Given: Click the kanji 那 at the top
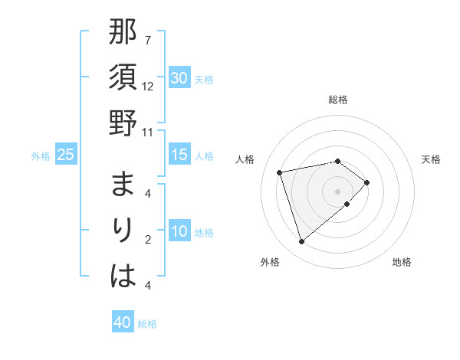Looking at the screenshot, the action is pyautogui.click(x=123, y=33).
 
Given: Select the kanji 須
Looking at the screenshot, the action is pyautogui.click(x=123, y=78).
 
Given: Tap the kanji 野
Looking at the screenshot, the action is pyautogui.click(x=123, y=123).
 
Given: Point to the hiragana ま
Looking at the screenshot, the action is pyautogui.click(x=123, y=185).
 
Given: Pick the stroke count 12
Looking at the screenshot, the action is pyautogui.click(x=148, y=86).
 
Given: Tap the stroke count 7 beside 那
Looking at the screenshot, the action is pyautogui.click(x=148, y=40).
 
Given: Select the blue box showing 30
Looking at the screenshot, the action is pyautogui.click(x=179, y=78).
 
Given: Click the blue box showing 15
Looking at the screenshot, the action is pyautogui.click(x=179, y=155).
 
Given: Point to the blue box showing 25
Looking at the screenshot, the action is pyautogui.click(x=66, y=155).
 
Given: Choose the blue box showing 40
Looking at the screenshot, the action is pyautogui.click(x=123, y=322).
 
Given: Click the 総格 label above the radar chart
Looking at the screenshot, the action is pyautogui.click(x=338, y=100).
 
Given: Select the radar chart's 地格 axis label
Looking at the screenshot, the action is pyautogui.click(x=402, y=262).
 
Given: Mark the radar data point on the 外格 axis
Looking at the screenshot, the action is pyautogui.click(x=302, y=242).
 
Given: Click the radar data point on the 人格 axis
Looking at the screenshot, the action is pyautogui.click(x=280, y=172).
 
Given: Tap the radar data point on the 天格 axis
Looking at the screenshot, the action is pyautogui.click(x=367, y=182).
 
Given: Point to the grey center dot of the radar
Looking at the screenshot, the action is pyautogui.click(x=337, y=191).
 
